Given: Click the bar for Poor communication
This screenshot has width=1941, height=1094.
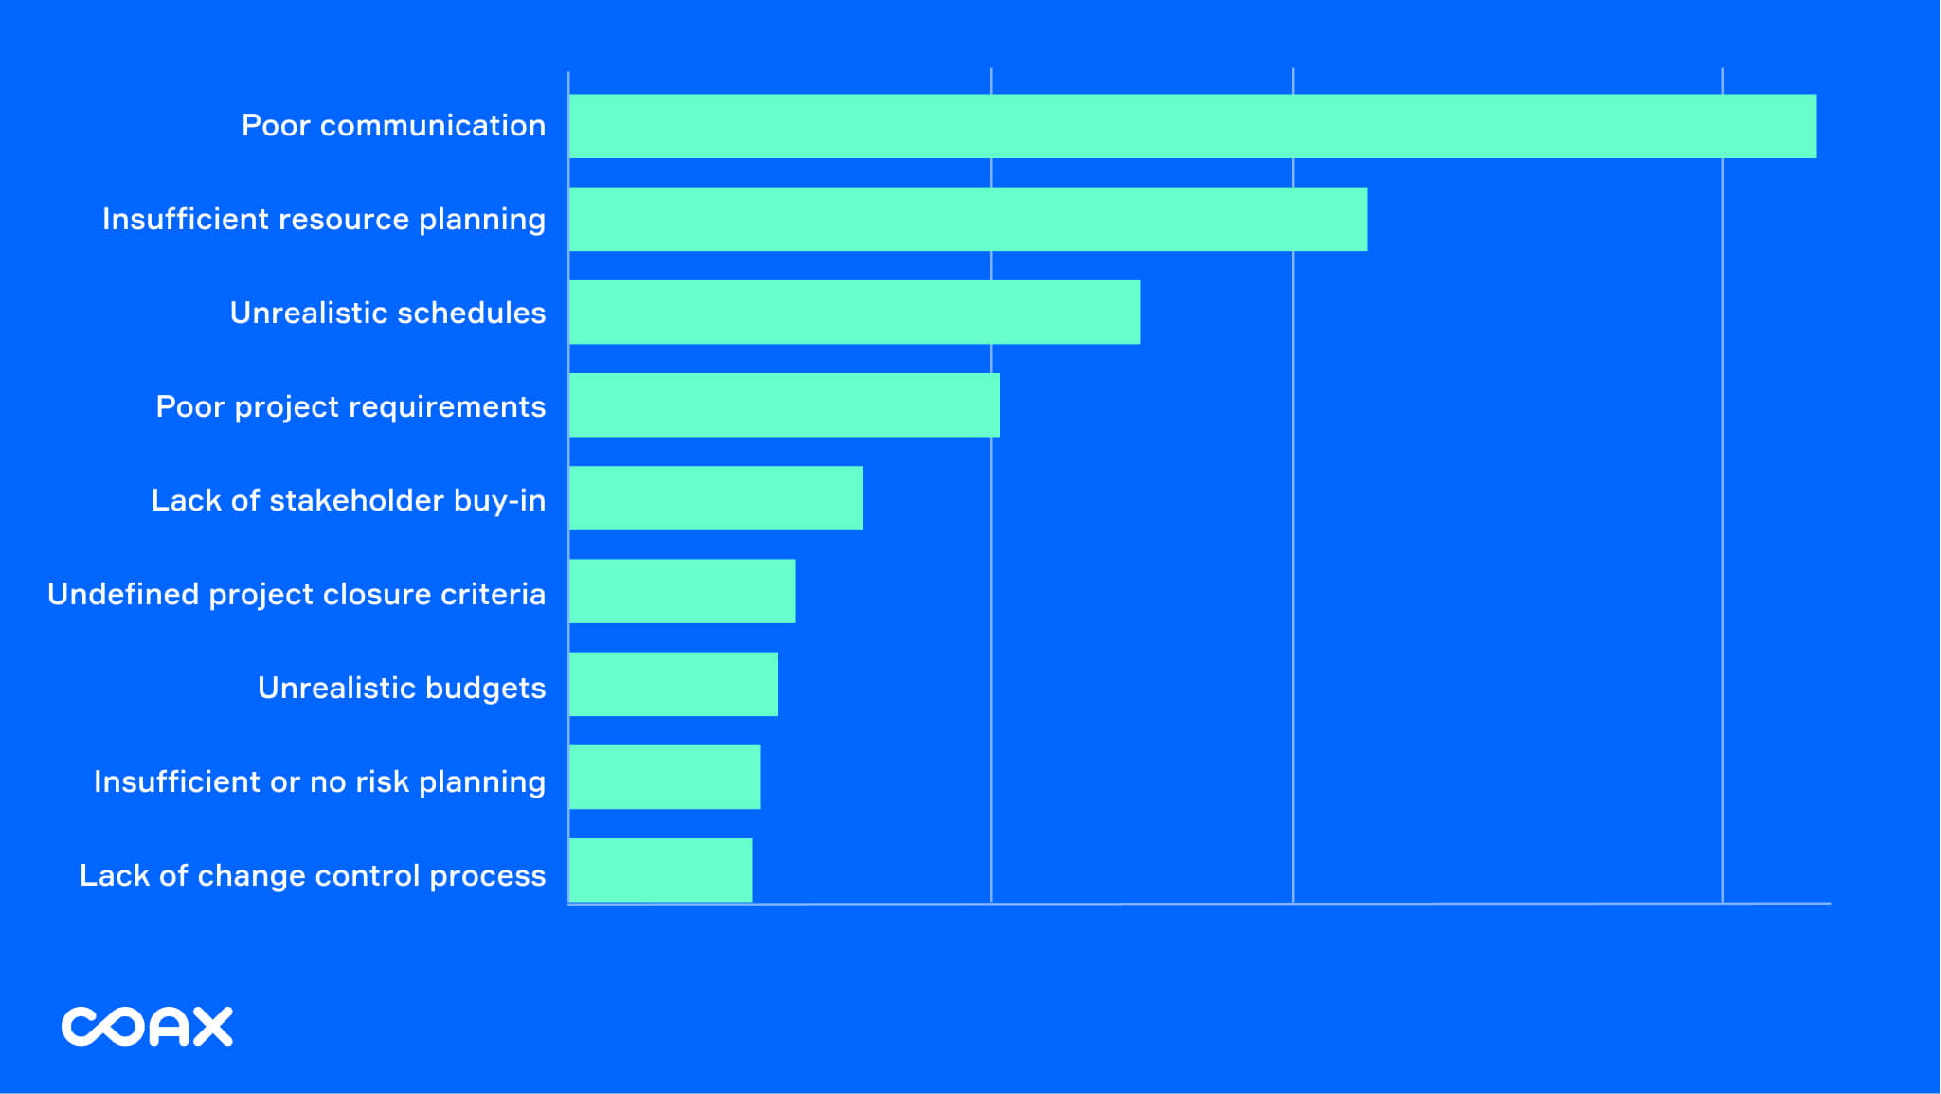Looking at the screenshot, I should point(1192,126).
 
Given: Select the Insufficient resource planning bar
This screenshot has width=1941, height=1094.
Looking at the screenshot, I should point(967,219).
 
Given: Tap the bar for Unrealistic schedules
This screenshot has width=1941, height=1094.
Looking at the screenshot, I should point(854,312).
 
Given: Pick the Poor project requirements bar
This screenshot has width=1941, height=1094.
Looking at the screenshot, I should point(784,405).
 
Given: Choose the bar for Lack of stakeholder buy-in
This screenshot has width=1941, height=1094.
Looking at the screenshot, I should point(715,498).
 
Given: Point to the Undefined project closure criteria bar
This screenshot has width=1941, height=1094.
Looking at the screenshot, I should point(681,591).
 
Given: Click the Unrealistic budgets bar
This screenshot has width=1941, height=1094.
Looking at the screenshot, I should point(673,684).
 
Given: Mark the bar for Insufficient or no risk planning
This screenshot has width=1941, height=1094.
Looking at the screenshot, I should point(664,777).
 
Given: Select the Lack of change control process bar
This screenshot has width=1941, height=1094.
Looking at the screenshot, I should point(660,870).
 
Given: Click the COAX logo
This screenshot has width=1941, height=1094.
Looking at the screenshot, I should point(147,1027).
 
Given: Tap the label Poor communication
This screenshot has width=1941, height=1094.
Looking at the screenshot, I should point(393,126).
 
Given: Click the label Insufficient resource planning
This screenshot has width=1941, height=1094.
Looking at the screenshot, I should point(324,220).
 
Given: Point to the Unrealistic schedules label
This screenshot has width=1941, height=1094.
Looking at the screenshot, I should point(387,313).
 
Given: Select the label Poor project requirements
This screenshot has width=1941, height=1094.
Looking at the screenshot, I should point(350,407).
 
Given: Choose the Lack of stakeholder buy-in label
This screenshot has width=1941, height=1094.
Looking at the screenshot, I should point(348,500).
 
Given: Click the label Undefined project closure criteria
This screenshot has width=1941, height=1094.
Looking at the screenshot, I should point(297,594).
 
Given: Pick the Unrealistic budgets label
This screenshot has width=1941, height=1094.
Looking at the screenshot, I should point(402,688).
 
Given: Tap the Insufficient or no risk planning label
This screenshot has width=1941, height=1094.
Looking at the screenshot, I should point(319,781).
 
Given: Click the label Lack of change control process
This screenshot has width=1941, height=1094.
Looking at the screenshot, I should point(313,875).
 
